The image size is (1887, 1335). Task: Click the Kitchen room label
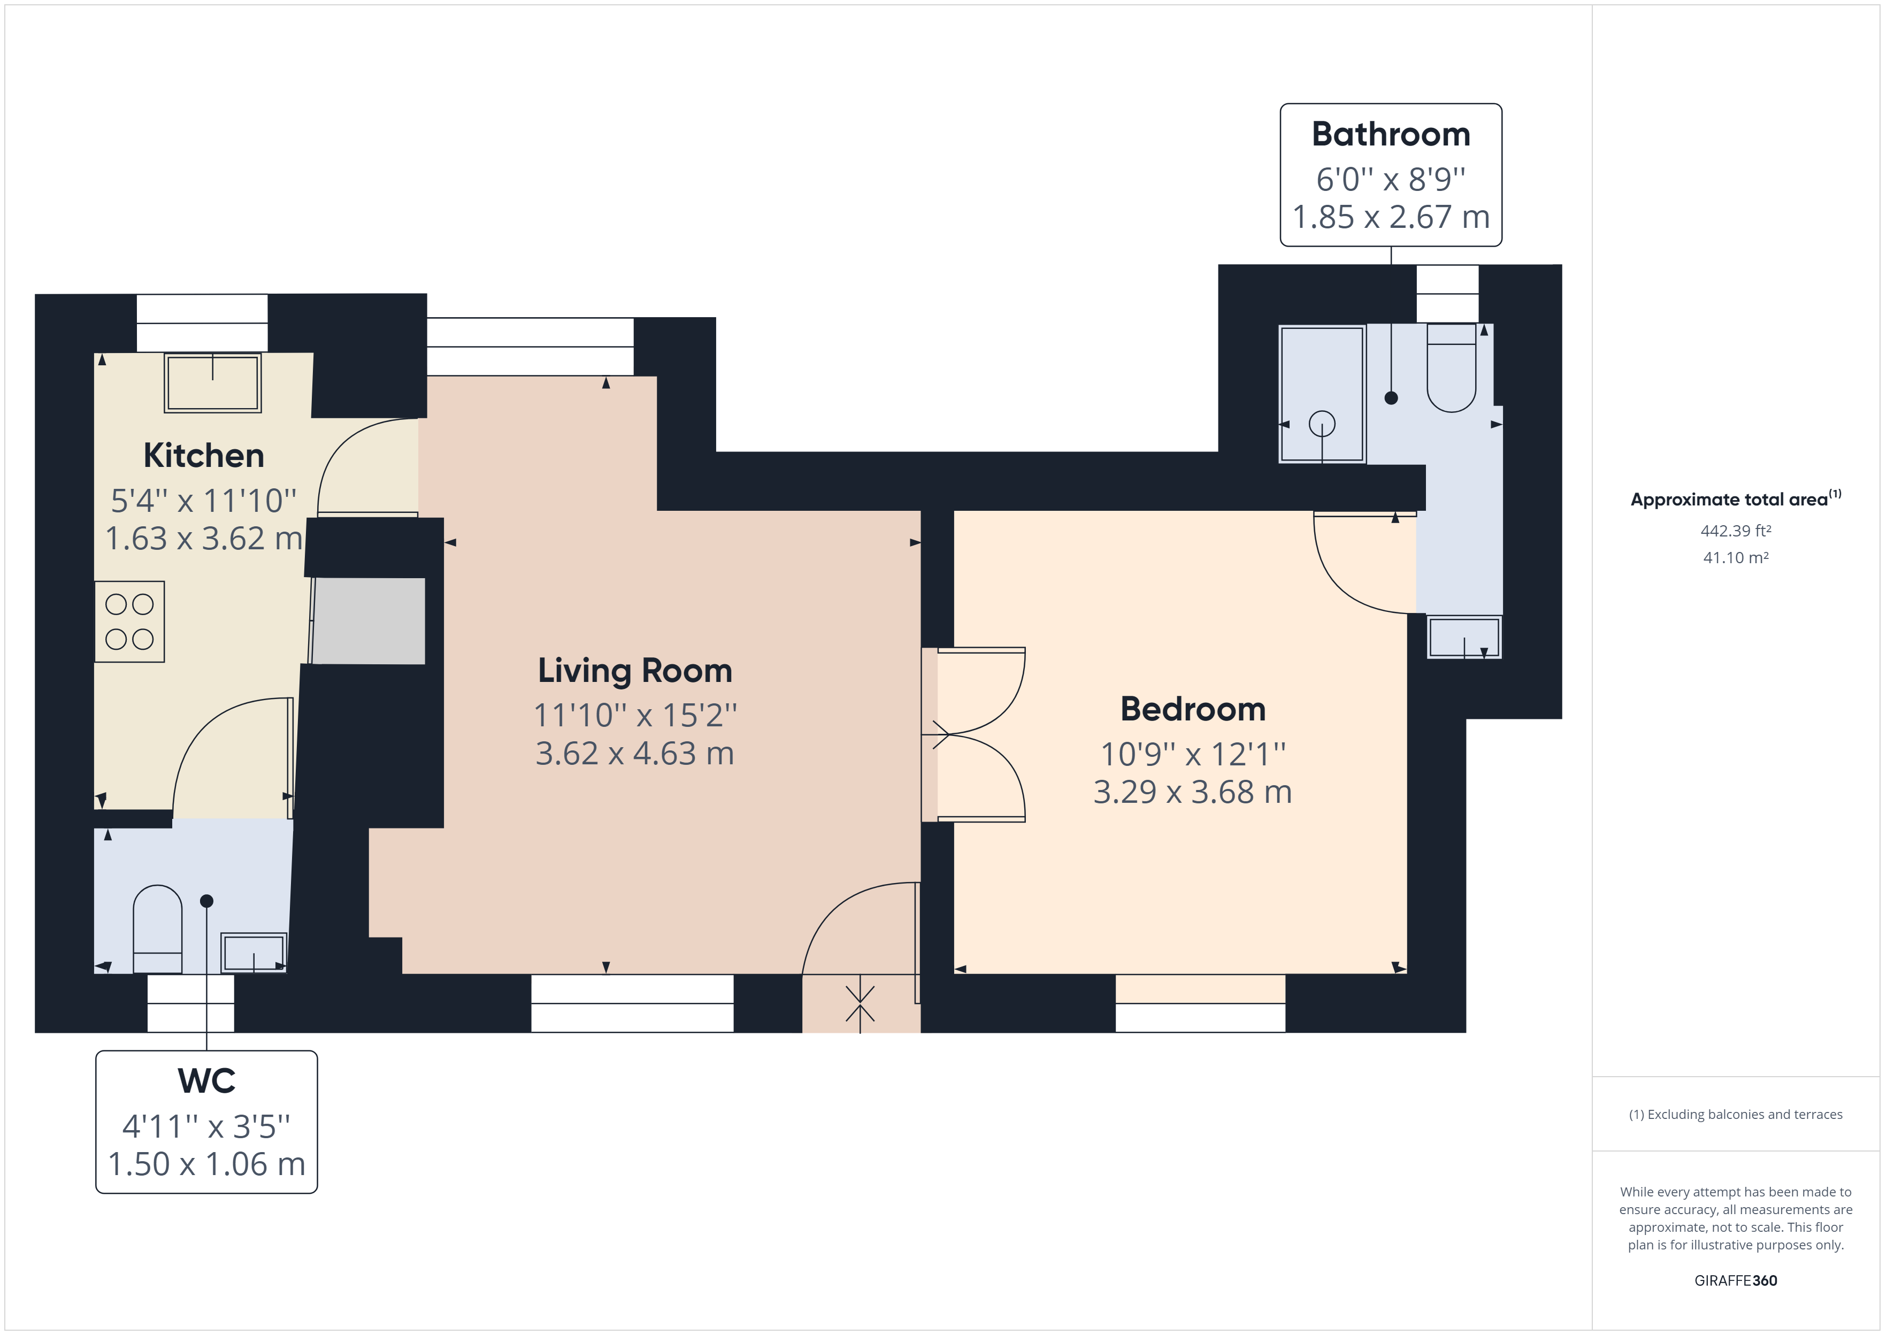[204, 455]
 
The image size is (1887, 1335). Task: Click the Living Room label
[634, 671]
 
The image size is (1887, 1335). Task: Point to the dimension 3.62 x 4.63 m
[634, 754]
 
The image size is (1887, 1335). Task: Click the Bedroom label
[1193, 709]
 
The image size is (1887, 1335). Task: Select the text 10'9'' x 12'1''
[1193, 754]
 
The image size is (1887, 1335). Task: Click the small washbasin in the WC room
[253, 953]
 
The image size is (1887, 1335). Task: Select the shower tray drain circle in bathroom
[1322, 424]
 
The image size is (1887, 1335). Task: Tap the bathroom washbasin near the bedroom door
[1464, 637]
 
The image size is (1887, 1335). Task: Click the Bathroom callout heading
[1391, 135]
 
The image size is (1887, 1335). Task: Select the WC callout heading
[206, 1081]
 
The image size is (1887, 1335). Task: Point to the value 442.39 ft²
[1736, 531]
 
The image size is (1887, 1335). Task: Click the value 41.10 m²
[1736, 557]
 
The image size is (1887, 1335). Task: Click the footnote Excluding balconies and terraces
[1736, 1115]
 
